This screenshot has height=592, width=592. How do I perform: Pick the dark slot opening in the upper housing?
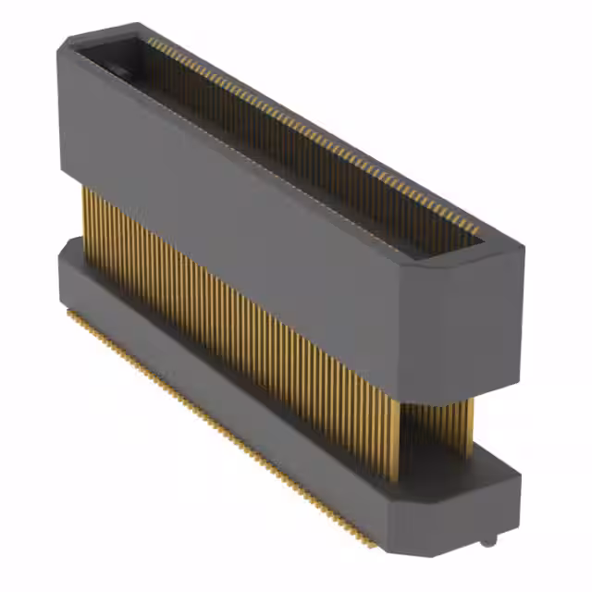click(277, 139)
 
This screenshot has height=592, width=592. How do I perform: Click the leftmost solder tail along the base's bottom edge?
click(68, 313)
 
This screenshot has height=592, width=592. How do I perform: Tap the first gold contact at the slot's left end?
click(150, 41)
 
